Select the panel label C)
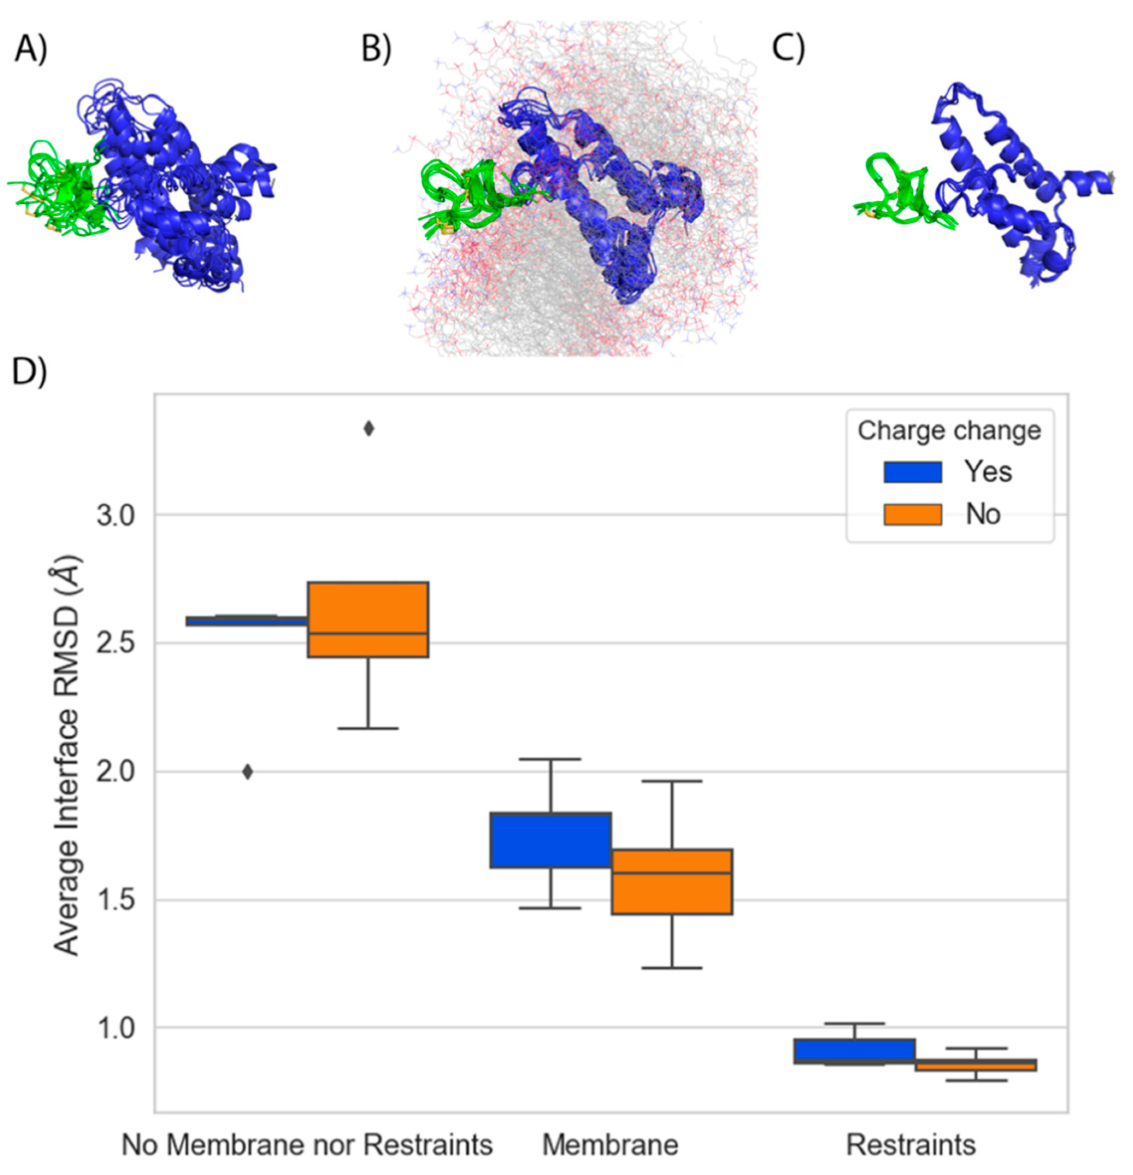(788, 48)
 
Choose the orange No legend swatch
(912, 514)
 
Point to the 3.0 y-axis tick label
(118, 516)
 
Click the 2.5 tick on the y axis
(118, 644)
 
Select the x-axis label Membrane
(610, 1145)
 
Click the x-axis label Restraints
(910, 1145)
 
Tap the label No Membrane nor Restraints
(307, 1145)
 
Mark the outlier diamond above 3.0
(369, 429)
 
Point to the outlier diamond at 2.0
(247, 772)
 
